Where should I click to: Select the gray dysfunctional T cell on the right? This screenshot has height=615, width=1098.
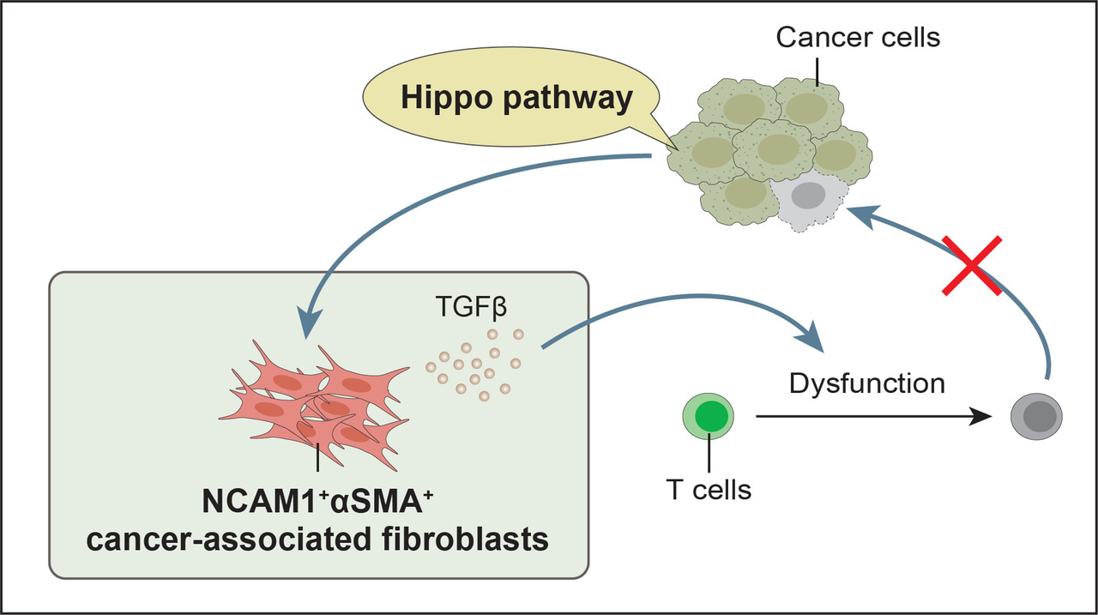1035,418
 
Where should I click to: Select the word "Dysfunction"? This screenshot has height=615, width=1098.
867,383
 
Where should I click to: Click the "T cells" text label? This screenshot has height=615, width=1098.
709,490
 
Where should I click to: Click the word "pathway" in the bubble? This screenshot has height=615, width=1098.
570,99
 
